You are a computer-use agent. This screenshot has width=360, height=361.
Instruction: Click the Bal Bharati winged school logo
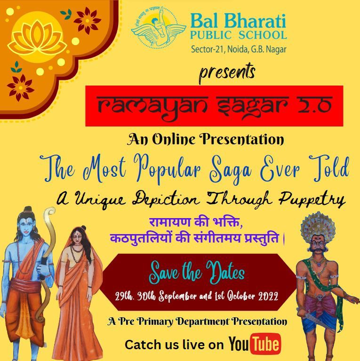(159, 28)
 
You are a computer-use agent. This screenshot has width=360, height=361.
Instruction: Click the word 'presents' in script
(227, 72)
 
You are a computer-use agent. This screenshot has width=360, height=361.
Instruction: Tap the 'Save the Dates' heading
(197, 273)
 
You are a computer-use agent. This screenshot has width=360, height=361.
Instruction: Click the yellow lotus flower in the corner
(37, 38)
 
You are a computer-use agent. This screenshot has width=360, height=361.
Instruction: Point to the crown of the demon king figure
(318, 225)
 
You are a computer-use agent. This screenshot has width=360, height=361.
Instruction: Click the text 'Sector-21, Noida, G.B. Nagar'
(239, 49)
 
